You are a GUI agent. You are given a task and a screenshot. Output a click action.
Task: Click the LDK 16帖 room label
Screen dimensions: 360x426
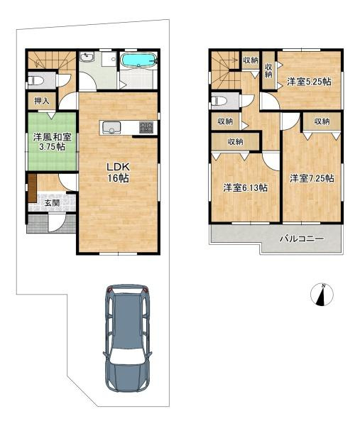[x=118, y=173]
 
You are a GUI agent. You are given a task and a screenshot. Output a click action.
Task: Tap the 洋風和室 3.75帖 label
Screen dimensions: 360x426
[x=52, y=141]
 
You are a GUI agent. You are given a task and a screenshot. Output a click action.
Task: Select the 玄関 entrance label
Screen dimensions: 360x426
[x=52, y=202]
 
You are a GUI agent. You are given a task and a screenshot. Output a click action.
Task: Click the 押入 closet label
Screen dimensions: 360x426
[x=42, y=101]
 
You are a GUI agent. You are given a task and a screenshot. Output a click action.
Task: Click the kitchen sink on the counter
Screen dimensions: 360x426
[x=111, y=128]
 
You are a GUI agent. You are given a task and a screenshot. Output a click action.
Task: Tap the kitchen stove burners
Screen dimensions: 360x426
[x=146, y=127]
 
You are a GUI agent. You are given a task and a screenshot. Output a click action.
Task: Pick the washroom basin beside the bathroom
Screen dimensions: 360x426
[x=87, y=57]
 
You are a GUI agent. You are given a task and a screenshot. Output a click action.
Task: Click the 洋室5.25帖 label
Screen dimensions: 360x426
[x=309, y=82]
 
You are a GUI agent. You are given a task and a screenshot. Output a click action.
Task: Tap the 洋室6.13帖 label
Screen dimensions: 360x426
[x=245, y=187]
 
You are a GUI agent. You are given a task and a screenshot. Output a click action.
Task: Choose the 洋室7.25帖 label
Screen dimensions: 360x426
[x=312, y=178]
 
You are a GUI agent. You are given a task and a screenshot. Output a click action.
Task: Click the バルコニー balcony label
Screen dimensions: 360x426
[x=302, y=239]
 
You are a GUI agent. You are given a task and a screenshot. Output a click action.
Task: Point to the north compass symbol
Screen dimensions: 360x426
[x=322, y=295]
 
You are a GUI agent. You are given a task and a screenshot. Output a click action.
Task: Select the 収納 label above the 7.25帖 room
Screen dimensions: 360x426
[x=322, y=121]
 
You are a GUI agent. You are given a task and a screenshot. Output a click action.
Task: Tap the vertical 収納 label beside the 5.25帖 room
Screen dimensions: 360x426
[x=268, y=70]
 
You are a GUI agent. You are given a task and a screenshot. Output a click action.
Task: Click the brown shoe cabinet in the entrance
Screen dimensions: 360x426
[x=32, y=187]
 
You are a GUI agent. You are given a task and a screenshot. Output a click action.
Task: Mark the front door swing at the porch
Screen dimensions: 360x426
[x=57, y=222]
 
